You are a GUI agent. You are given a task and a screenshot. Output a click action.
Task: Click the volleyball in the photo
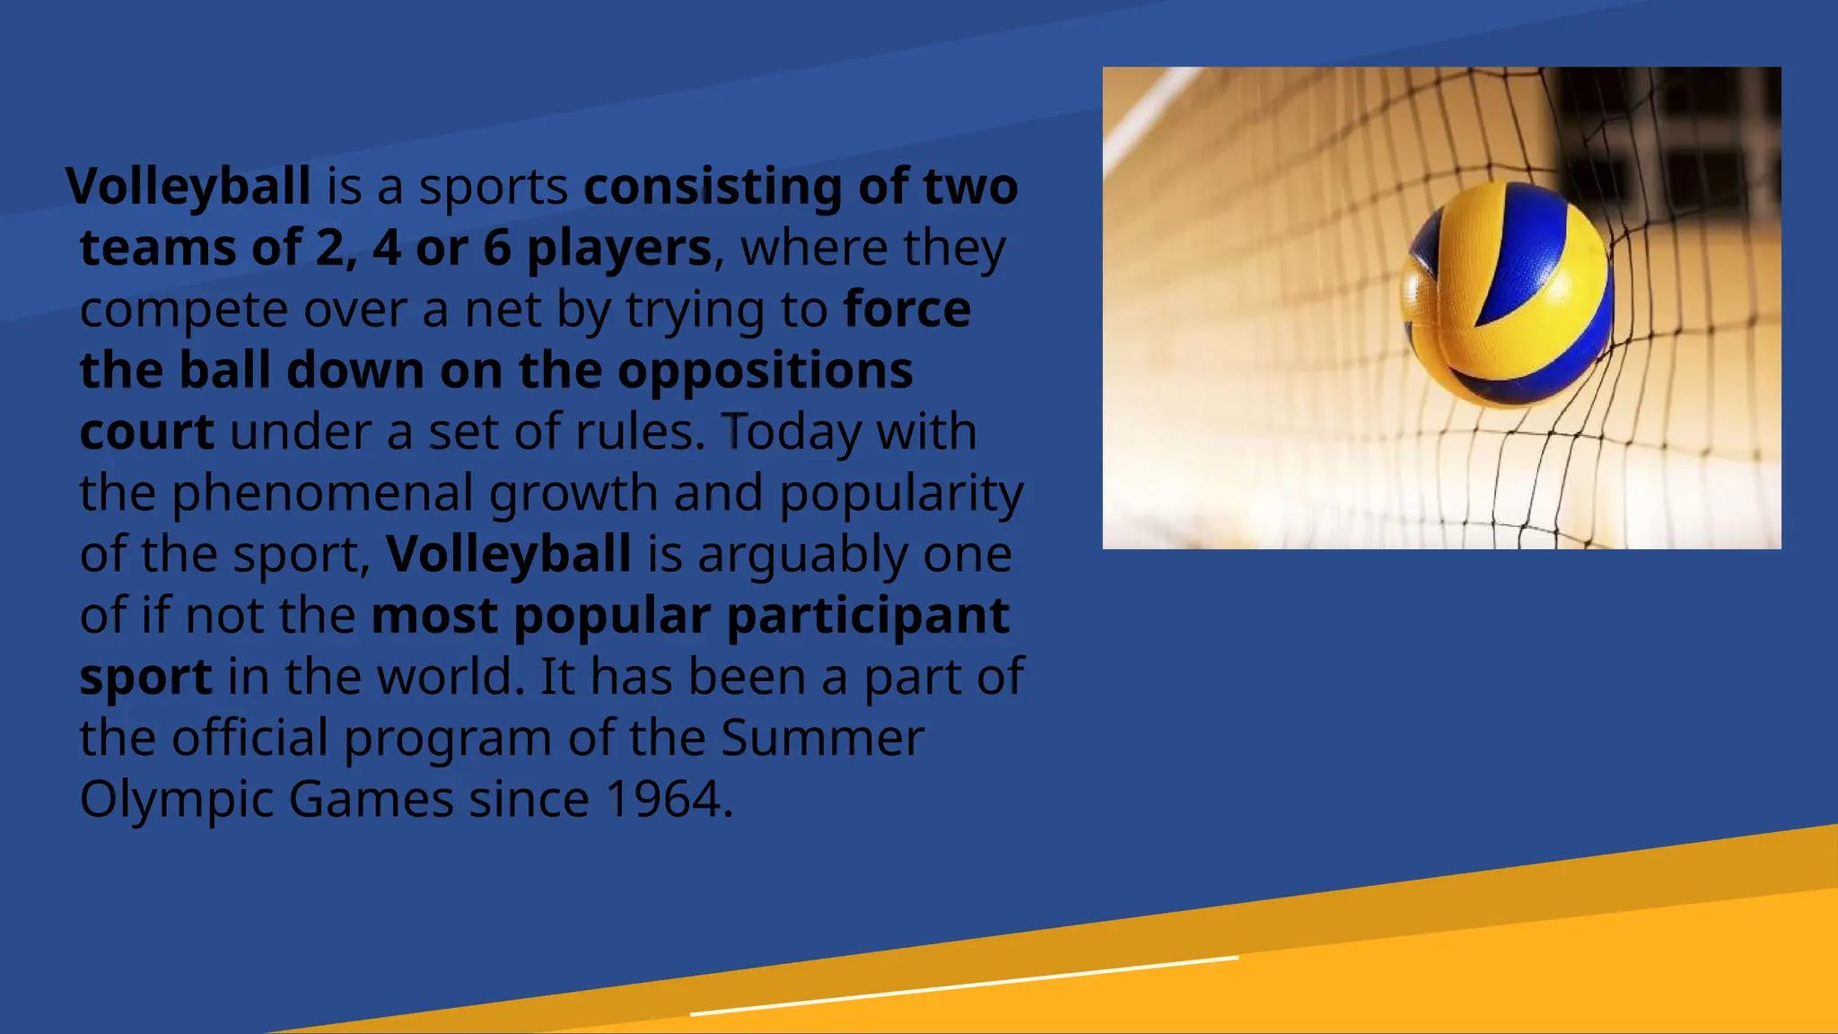coord(1507,294)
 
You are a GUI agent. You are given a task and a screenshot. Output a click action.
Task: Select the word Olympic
coord(176,799)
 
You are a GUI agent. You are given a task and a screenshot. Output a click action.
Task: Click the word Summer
coord(821,738)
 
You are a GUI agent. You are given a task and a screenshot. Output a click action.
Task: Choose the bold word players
coord(618,248)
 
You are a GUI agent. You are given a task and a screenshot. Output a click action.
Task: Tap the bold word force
coord(906,310)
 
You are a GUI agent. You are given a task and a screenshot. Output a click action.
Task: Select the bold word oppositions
coord(765,371)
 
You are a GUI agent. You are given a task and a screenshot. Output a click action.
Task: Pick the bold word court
coord(146,432)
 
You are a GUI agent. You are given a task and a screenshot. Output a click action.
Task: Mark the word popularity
coord(901,493)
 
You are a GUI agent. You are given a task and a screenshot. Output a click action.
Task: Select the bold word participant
coord(868,616)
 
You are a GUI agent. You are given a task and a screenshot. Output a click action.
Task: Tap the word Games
coord(371,799)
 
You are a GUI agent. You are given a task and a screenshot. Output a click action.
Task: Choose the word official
coord(249,738)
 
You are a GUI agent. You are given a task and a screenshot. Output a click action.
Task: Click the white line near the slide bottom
coord(965,986)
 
